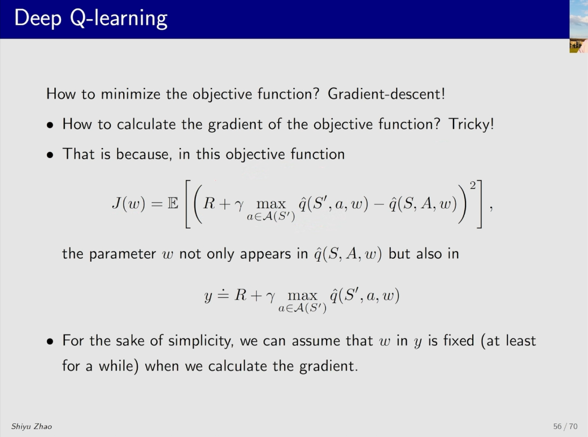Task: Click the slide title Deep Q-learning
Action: pos(91,19)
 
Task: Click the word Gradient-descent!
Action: pos(386,93)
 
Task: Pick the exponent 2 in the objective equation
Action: pos(473,185)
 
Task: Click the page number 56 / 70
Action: pos(565,426)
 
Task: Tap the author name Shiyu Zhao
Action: pos(32,426)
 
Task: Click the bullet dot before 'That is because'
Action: pos(50,155)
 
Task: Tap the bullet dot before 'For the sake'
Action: pos(50,341)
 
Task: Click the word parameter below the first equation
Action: pos(122,254)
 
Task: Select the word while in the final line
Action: pos(116,366)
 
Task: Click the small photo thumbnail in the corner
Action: pos(578,26)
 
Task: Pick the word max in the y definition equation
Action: pos(302,296)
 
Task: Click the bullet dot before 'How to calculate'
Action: pos(50,125)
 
